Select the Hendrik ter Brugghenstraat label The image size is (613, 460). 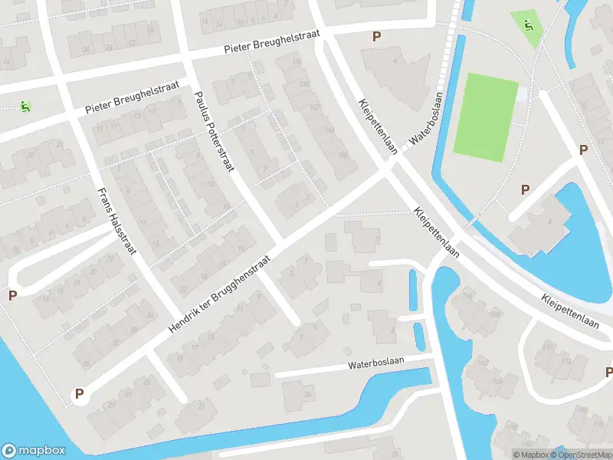coord(219,293)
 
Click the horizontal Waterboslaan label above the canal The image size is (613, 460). coord(375,363)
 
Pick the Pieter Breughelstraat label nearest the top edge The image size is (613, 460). coord(274,43)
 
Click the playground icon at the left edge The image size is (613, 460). coord(25,107)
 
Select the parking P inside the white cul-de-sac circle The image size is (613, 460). coord(78,394)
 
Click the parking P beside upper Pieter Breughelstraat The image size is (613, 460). coord(376,36)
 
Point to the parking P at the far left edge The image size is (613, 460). coord(12,295)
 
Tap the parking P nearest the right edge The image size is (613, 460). coord(584,150)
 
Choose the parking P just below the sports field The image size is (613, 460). coord(525,189)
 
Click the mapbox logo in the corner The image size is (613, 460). coord(34,451)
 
